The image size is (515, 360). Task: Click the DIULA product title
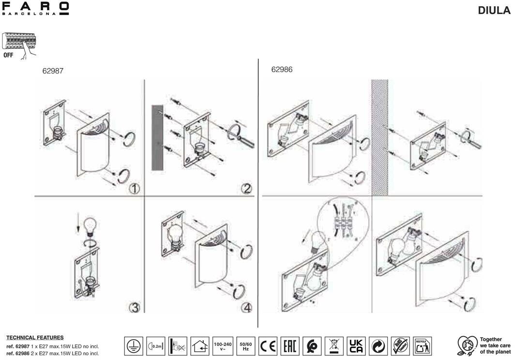coord(494,10)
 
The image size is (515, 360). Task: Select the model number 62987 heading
coord(53,71)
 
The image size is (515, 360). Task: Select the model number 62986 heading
coord(282,70)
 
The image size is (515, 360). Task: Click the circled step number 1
coord(134,188)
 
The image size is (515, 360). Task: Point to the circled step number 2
coord(246,188)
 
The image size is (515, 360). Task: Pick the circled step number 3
coord(134,307)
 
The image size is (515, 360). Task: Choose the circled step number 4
coord(246,307)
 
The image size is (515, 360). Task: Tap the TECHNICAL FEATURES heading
coord(35,337)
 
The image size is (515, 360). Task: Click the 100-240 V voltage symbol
coord(223,346)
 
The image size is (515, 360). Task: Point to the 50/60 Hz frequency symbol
coord(245,346)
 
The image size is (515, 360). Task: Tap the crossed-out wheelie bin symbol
coord(334,346)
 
